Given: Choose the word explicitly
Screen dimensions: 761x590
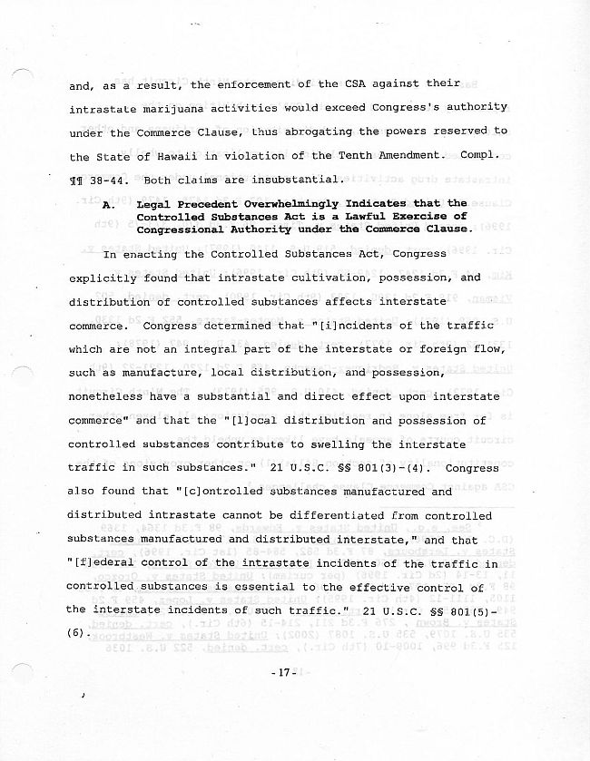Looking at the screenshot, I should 104,278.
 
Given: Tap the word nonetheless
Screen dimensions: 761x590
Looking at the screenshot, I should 104,396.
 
